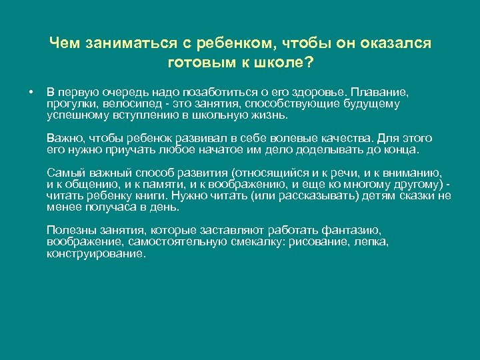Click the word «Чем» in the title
pyautogui.click(x=63, y=43)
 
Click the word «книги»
pyautogui.click(x=146, y=195)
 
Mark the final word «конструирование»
pyautogui.click(x=95, y=254)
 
